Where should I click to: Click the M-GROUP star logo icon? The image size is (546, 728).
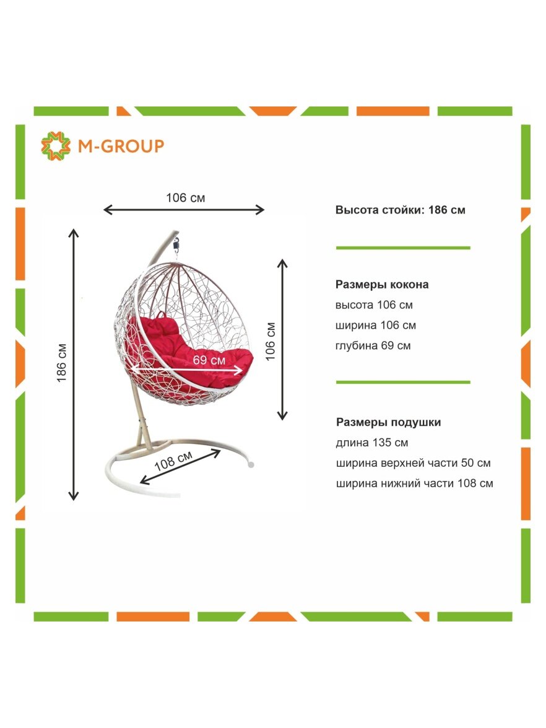56,146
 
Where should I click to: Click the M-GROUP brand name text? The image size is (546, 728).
121,146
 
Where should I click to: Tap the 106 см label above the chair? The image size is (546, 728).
185,198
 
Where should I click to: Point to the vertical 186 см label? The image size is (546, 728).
61,363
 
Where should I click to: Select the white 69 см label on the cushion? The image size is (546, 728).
209,360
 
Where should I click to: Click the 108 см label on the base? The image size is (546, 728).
173,461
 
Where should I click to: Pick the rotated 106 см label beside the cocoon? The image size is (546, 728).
270,341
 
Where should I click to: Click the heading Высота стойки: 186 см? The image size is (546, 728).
400,210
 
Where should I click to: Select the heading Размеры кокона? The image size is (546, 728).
381,285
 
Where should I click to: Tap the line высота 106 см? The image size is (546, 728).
374,305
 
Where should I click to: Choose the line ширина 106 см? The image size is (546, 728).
376,326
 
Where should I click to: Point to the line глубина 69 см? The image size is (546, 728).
373,346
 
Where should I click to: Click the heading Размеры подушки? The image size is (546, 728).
389,422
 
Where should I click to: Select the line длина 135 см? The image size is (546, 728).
372,443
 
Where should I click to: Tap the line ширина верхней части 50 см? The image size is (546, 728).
414,463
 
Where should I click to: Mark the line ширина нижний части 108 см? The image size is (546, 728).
414,484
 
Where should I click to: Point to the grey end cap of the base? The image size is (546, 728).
251,464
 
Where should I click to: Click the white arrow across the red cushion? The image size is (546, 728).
186,370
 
